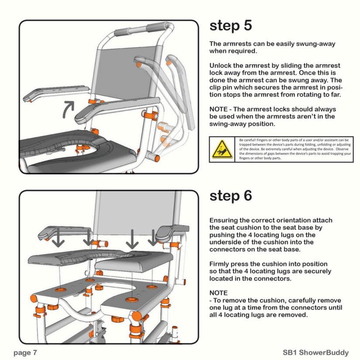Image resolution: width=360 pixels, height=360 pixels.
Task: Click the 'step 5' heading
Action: click(230, 26)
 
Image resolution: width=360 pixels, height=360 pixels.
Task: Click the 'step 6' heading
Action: click(230, 196)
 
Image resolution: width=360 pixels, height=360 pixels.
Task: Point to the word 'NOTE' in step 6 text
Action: click(219, 293)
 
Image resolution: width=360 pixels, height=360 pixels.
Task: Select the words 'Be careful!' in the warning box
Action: click(247, 140)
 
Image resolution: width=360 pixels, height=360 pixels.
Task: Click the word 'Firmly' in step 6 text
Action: click(220, 264)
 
